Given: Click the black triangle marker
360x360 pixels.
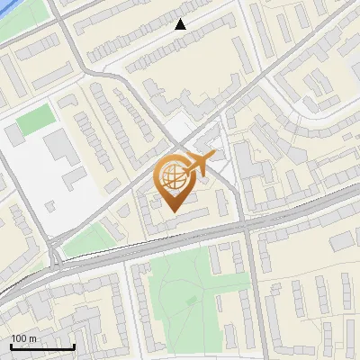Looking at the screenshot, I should tap(181, 25).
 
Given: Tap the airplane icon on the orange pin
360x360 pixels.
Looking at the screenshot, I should tap(199, 165).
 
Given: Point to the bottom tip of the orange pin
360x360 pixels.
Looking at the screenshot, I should tap(174, 211).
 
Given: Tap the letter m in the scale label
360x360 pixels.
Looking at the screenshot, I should tap(32, 338).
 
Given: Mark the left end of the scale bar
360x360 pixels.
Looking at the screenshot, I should tap(11, 346).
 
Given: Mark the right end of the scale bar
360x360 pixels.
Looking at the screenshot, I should tap(74, 346).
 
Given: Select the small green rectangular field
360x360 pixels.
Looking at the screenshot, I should tap(35, 121).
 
